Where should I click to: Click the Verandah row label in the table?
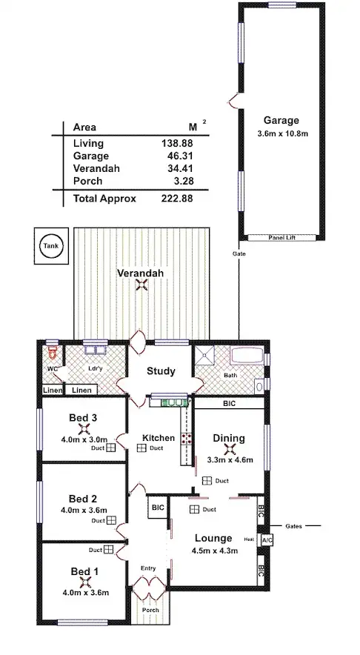click(x=97, y=168)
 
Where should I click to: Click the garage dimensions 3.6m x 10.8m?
click(x=281, y=133)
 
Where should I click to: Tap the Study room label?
click(x=161, y=371)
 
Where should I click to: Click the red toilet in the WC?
click(x=51, y=353)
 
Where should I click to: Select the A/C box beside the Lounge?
click(x=267, y=540)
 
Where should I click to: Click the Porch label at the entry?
click(x=150, y=610)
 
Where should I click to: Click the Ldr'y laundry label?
click(x=96, y=368)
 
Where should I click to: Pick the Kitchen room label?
click(x=159, y=438)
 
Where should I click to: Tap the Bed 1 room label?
click(x=83, y=571)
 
